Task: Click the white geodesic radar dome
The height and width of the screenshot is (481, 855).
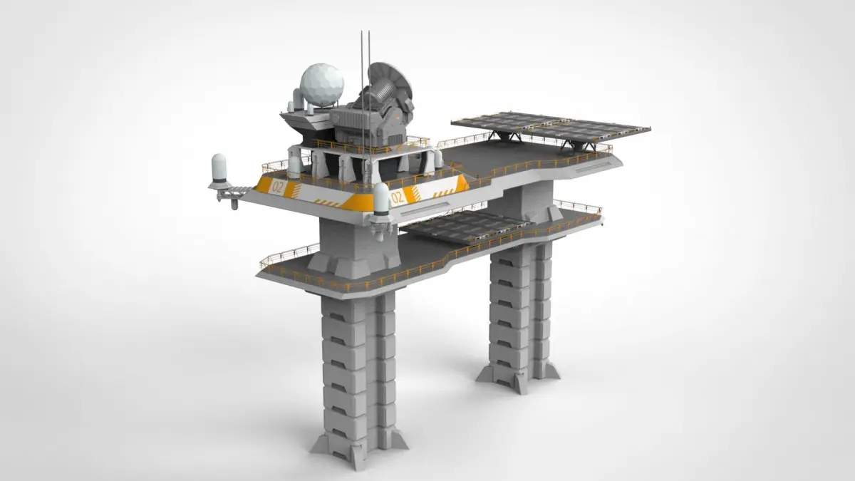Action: tap(322, 85)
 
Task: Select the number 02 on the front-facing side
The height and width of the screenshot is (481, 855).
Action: tap(398, 197)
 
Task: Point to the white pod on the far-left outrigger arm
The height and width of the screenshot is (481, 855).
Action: tap(219, 167)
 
